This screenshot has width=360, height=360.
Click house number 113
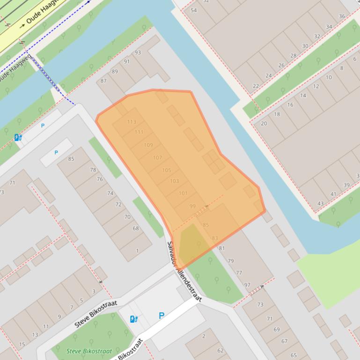coord(132,122)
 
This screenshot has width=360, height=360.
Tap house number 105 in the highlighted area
coord(166,170)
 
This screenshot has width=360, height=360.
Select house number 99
coord(192,206)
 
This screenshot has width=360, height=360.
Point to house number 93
coord(138,52)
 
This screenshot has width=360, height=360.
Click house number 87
coord(103,81)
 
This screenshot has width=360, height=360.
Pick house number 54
coord(194,10)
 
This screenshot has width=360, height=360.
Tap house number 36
coord(342,16)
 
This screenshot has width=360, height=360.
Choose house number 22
coord(256,86)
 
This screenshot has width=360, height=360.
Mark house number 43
coord(321,203)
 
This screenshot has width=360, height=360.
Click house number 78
coord(93,170)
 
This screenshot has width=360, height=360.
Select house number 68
coord(136,229)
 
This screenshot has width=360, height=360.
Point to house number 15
coord(22,345)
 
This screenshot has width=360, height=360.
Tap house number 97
coord(247,285)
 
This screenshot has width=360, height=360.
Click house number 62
coord(220,350)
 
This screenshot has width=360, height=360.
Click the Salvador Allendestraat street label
coord(184,272)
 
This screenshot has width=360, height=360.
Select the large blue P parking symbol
coord(162,316)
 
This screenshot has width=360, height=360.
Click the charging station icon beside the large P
coord(134,319)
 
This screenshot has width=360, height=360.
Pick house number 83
coord(215,238)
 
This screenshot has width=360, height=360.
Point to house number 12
coord(316,86)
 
